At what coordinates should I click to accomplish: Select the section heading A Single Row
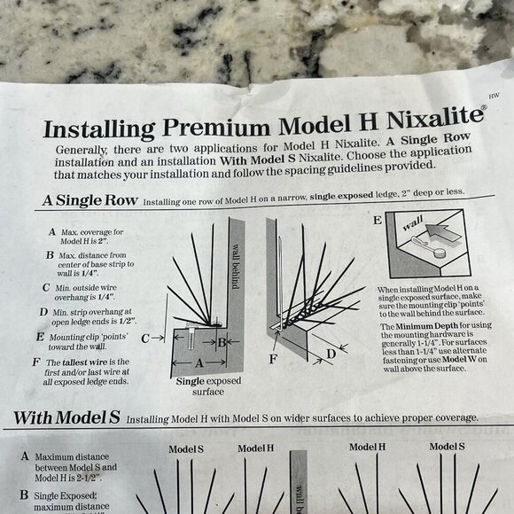tap(90, 200)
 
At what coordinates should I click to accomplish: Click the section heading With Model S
tap(66, 417)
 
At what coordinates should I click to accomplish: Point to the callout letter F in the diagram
tap(274, 358)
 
